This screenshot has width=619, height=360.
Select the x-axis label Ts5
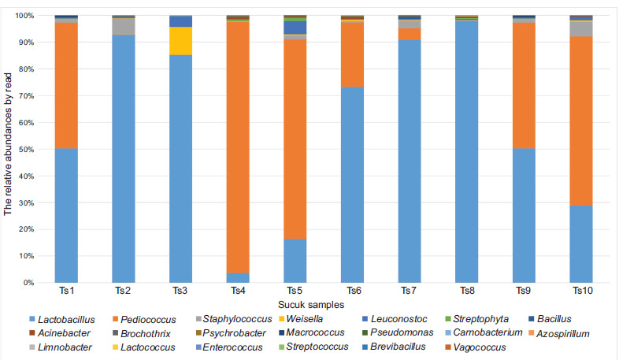(295, 291)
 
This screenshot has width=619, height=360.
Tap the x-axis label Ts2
(123, 291)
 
